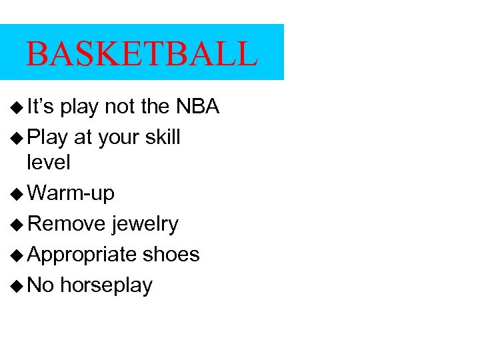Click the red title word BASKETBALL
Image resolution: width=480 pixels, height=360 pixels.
pyautogui.click(x=141, y=54)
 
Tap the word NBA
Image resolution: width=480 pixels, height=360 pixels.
pyautogui.click(x=197, y=107)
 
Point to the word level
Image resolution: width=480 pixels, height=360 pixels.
pyautogui.click(x=48, y=162)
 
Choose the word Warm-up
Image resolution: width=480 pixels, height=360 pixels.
pyautogui.click(x=72, y=194)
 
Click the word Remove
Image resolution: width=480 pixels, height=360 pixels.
pyautogui.click(x=67, y=224)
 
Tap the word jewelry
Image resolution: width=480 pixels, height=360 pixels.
pyautogui.click(x=145, y=225)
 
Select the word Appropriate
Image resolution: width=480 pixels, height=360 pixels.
pyautogui.click(x=83, y=255)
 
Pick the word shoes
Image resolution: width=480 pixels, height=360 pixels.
pyautogui.click(x=171, y=254)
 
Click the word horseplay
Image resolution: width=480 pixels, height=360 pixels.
pyautogui.click(x=107, y=285)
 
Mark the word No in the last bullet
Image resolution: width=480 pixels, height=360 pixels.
pyautogui.click(x=41, y=285)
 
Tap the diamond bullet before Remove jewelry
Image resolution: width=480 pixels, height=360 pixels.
pyautogui.click(x=17, y=225)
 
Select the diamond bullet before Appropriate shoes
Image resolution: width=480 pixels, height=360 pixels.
pyautogui.click(x=17, y=255)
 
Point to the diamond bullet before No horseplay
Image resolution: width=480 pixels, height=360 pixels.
pyautogui.click(x=17, y=286)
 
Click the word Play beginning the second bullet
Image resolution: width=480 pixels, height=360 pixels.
pyautogui.click(x=48, y=137)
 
